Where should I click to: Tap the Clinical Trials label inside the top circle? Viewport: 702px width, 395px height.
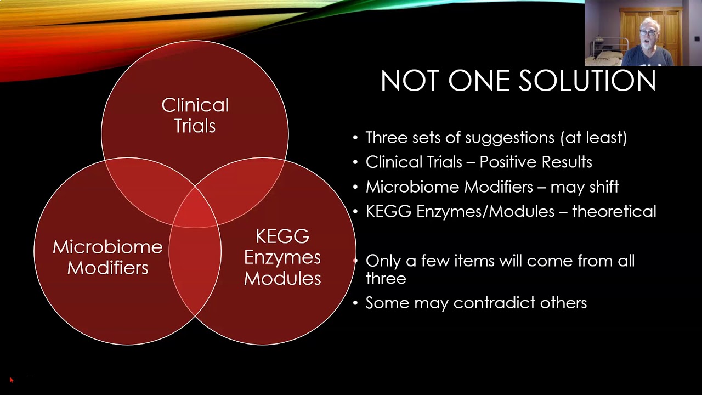pos(195,115)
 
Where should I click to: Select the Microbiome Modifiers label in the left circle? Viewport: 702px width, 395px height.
pos(107,257)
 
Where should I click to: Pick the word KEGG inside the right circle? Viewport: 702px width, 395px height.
pos(282,236)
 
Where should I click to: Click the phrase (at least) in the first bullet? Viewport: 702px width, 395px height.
pos(593,137)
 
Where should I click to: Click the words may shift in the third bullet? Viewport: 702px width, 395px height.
pos(584,187)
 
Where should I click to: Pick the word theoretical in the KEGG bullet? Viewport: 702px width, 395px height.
pos(614,211)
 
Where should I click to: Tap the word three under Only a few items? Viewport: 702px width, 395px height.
pos(386,278)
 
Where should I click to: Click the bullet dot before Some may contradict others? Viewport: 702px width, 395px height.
pos(355,303)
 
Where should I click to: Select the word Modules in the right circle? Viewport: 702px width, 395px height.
pos(282,278)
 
